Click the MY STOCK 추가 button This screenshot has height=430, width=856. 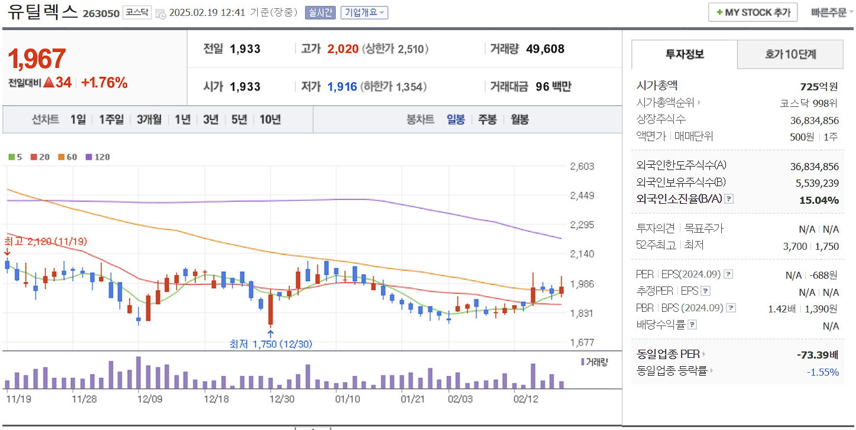pos(753,12)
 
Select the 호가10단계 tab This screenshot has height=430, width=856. pos(790,55)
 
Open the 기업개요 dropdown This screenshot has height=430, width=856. pos(364,12)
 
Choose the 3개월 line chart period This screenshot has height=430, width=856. pos(149,119)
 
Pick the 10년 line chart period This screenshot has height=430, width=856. pos(270,119)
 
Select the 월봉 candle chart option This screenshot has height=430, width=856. pos(520,119)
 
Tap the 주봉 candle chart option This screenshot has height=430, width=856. pos(487,119)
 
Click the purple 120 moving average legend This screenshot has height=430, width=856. pos(98,157)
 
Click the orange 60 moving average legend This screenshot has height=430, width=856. pos(67,157)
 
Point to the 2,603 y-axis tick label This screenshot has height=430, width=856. pos(582,167)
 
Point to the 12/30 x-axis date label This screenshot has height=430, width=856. pos(282,399)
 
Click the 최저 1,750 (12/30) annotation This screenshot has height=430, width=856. pos(271,344)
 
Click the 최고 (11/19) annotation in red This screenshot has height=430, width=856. pos(46,242)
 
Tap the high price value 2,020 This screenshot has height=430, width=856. pos(343,49)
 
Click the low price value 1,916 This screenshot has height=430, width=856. pos(342,87)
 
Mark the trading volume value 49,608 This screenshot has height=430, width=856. pos(545,49)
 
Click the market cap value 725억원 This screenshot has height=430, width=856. pos(819,87)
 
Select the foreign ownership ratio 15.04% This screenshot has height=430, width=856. pos(819,200)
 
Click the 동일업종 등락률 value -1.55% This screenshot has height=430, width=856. pos(823,372)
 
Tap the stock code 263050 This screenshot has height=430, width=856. pos(101,13)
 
